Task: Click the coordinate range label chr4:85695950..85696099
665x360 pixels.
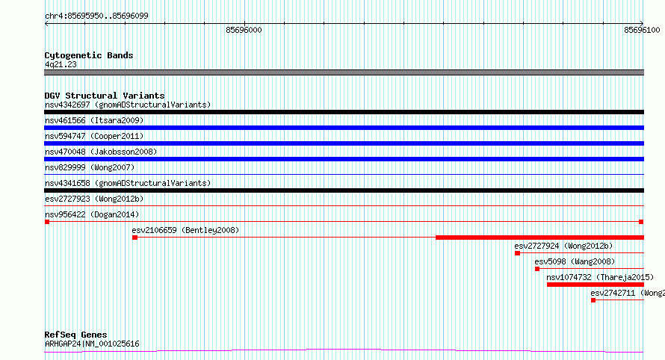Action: click(96, 16)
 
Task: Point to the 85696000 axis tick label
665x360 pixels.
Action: click(244, 30)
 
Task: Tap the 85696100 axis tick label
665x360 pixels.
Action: click(642, 30)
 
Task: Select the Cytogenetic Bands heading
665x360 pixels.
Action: click(89, 55)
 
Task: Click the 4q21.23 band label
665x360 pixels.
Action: click(61, 64)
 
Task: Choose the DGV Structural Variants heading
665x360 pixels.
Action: click(105, 96)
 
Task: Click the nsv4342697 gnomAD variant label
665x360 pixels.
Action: click(128, 105)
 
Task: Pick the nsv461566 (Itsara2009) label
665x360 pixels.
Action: click(94, 120)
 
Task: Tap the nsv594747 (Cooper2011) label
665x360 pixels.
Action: click(94, 136)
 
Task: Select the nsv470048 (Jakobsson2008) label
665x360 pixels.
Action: click(101, 152)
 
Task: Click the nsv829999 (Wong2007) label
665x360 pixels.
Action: click(90, 167)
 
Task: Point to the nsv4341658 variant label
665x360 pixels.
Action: click(128, 183)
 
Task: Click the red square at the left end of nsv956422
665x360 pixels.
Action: click(47, 222)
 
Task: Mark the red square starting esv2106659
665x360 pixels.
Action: click(134, 238)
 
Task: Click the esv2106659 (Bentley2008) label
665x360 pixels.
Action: click(185, 230)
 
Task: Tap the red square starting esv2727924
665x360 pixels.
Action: click(517, 253)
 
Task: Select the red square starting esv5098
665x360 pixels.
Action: click(537, 269)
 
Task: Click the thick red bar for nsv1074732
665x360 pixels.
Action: click(596, 285)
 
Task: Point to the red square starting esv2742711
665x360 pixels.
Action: click(593, 300)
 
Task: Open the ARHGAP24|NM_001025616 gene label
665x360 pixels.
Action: click(92, 344)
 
